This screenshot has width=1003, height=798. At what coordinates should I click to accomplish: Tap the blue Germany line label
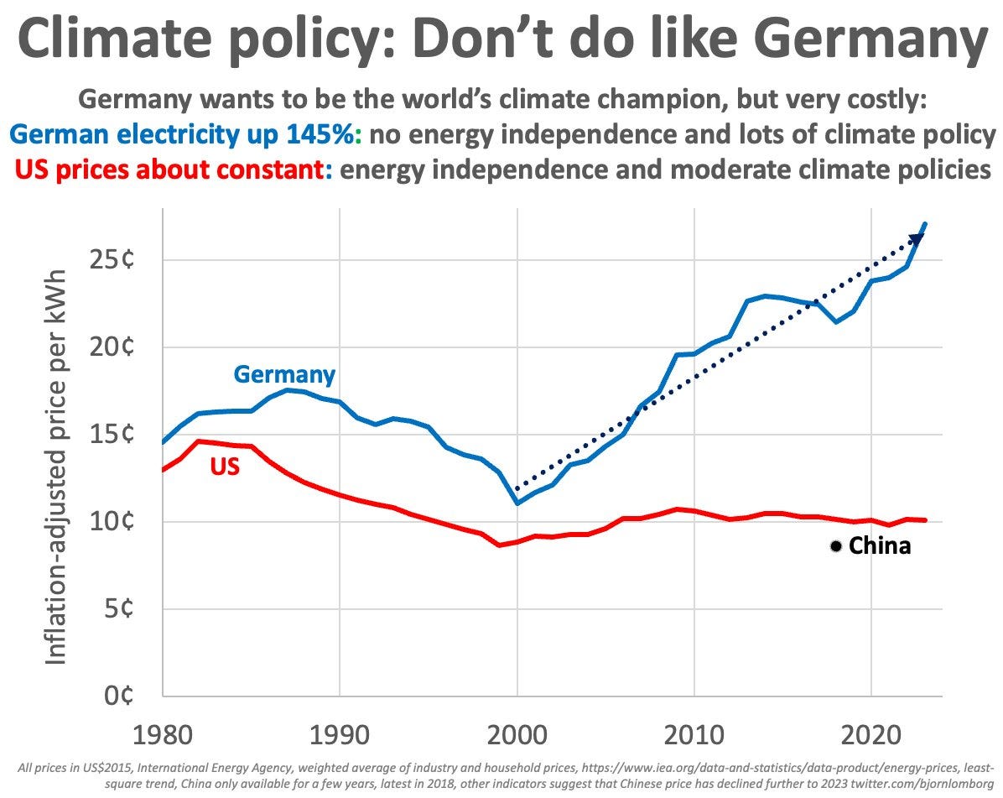point(284,374)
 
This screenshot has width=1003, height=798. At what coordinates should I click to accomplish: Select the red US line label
point(225,467)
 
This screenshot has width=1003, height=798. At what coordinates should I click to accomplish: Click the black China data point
point(835,546)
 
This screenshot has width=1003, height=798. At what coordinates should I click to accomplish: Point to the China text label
point(880,546)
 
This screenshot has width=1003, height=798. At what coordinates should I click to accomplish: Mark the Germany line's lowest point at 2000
point(517,503)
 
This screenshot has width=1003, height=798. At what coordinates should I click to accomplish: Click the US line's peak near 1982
point(199,441)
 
